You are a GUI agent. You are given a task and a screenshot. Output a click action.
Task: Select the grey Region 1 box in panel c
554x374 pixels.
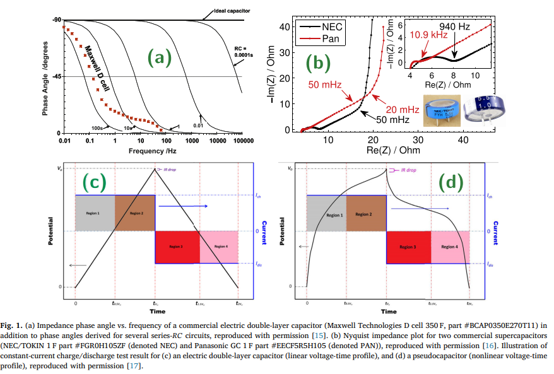95,213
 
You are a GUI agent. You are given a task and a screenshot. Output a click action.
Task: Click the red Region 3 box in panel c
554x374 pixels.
177,247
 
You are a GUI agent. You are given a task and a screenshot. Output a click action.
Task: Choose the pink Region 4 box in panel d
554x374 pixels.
451,247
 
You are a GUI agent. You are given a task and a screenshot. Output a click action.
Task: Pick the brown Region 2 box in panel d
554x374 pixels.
367,214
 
